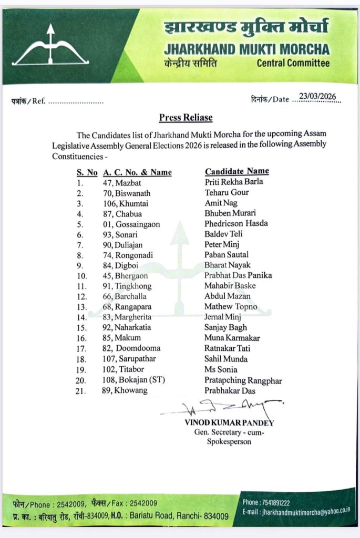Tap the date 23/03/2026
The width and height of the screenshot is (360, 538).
coord(317,97)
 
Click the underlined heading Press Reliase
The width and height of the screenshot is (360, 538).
coord(186,118)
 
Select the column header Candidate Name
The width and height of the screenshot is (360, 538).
coord(236,171)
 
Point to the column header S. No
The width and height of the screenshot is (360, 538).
coord(87,172)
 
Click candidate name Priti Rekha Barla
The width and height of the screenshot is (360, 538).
coord(234,182)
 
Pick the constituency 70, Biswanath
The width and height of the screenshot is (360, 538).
coord(126,193)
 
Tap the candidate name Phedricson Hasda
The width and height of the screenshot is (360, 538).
coord(236,223)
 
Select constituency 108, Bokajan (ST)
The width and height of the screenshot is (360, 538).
coord(133,380)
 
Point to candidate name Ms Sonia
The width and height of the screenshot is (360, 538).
coord(217,369)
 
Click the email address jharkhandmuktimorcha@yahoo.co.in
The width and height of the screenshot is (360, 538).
coord(297,512)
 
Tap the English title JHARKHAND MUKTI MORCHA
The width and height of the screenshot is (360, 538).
coord(246,49)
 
